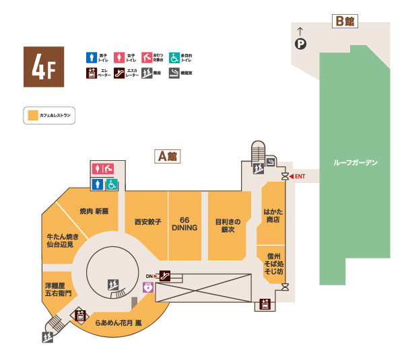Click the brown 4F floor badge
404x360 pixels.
[x=44, y=67]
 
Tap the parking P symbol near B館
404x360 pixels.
[x=300, y=44]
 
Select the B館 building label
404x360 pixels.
[x=346, y=20]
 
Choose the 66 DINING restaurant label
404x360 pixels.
[x=184, y=224]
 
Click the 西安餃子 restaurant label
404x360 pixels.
[x=147, y=221]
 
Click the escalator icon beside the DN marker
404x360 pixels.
[x=164, y=275]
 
